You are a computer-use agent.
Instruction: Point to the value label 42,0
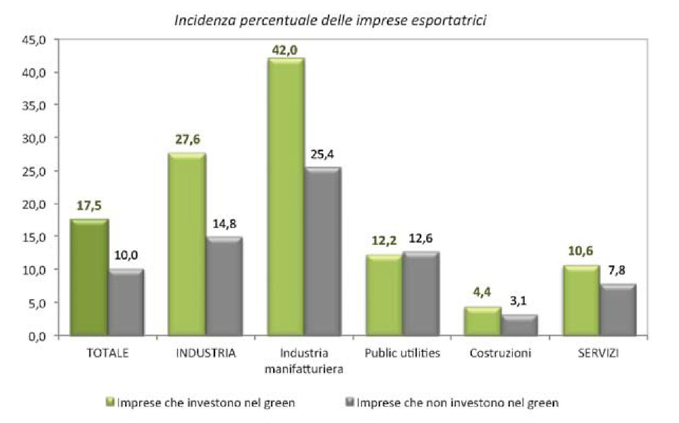pyautogui.click(x=285, y=50)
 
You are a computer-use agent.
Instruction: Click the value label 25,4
pyautogui.click(x=322, y=155)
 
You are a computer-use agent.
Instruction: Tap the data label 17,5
pyautogui.click(x=89, y=206)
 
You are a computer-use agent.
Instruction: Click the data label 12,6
pyautogui.click(x=421, y=239)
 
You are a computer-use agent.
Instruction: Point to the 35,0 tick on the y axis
pyautogui.click(x=34, y=105)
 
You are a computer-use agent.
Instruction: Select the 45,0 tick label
pyautogui.click(x=34, y=40)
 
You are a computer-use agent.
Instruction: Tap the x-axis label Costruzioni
pyautogui.click(x=500, y=353)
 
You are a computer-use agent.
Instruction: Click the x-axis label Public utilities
pyautogui.click(x=402, y=353)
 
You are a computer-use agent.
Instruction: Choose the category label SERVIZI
pyautogui.click(x=598, y=353)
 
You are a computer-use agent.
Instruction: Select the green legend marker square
pyautogui.click(x=110, y=402)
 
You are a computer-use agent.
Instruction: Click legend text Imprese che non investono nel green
pyautogui.click(x=457, y=403)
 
